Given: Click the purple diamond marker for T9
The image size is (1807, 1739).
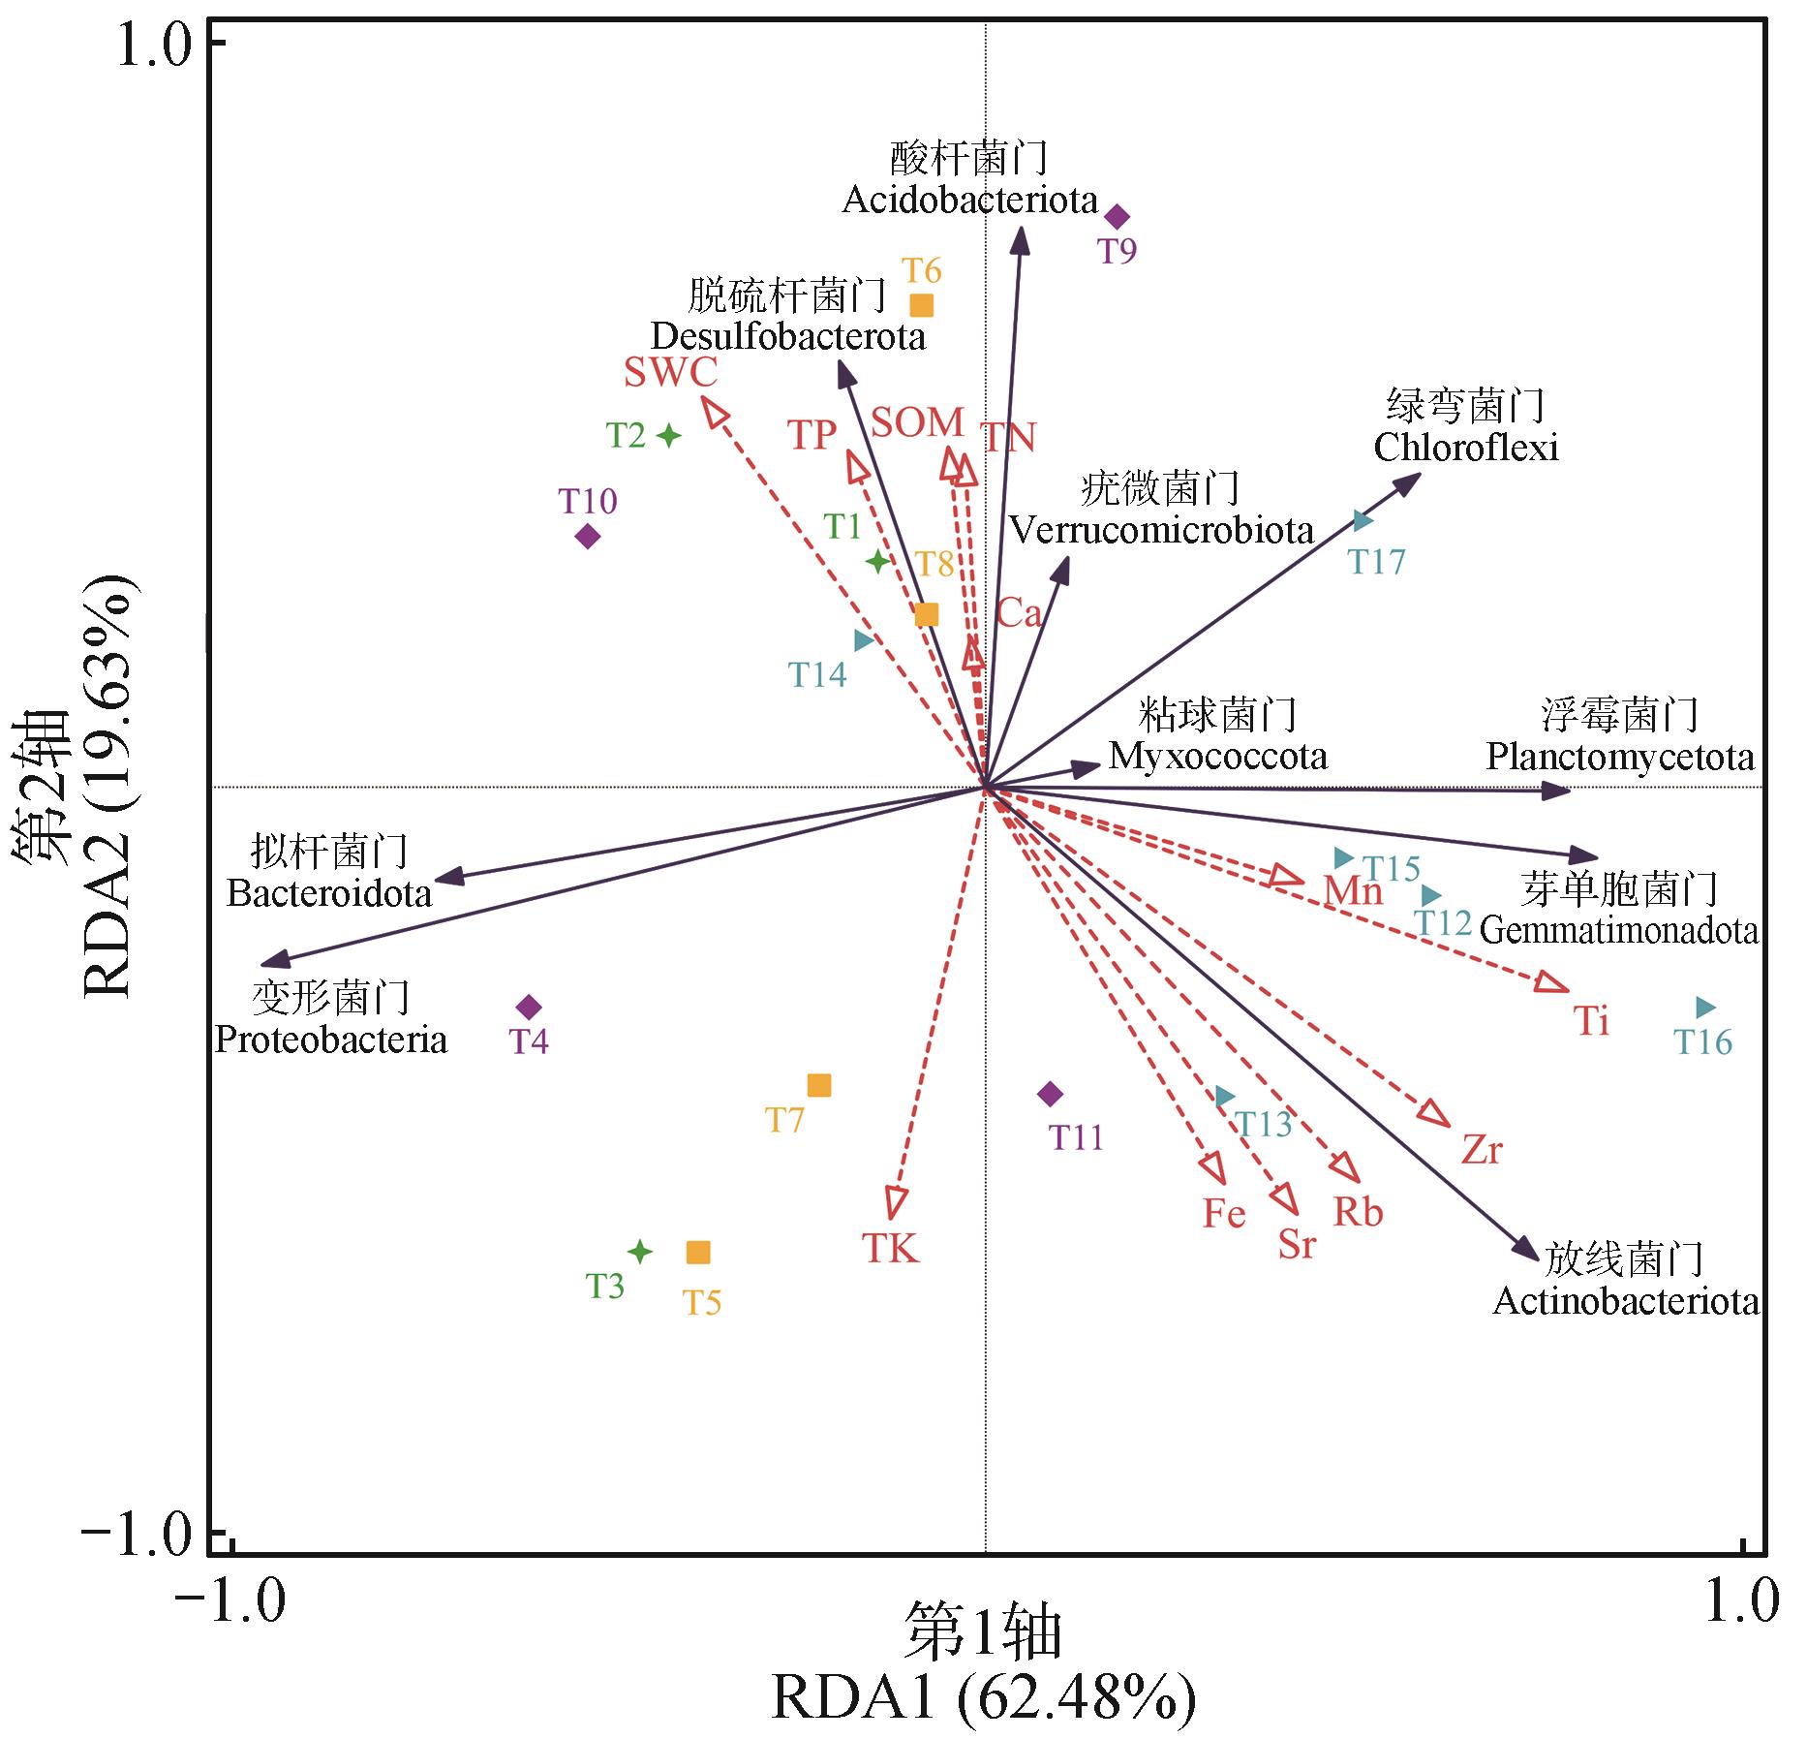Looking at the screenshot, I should (1118, 216).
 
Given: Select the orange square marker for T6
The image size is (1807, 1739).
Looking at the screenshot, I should (921, 305).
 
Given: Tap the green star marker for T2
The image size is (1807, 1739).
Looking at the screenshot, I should (668, 435).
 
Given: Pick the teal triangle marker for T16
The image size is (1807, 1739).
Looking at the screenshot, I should (1705, 1008).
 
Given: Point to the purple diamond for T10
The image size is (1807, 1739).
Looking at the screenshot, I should (587, 536).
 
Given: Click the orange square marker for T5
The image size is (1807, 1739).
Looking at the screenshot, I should (698, 1253).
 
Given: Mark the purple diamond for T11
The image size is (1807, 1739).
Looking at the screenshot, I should (1050, 1095).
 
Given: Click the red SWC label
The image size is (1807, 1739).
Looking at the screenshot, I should (670, 372).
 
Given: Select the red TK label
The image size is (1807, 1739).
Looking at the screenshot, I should (890, 1249).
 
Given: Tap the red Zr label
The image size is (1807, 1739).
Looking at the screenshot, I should (1482, 1151).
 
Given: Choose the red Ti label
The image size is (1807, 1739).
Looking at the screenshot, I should (1591, 1021).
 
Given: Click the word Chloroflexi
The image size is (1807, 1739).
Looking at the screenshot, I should (1466, 448).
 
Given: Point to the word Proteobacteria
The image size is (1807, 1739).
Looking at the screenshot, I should (331, 1040).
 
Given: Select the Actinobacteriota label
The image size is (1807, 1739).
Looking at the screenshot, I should (1626, 1301).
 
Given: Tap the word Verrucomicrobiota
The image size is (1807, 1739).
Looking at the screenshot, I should (1161, 530).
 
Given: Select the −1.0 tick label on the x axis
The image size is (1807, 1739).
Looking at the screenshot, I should (230, 1601).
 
